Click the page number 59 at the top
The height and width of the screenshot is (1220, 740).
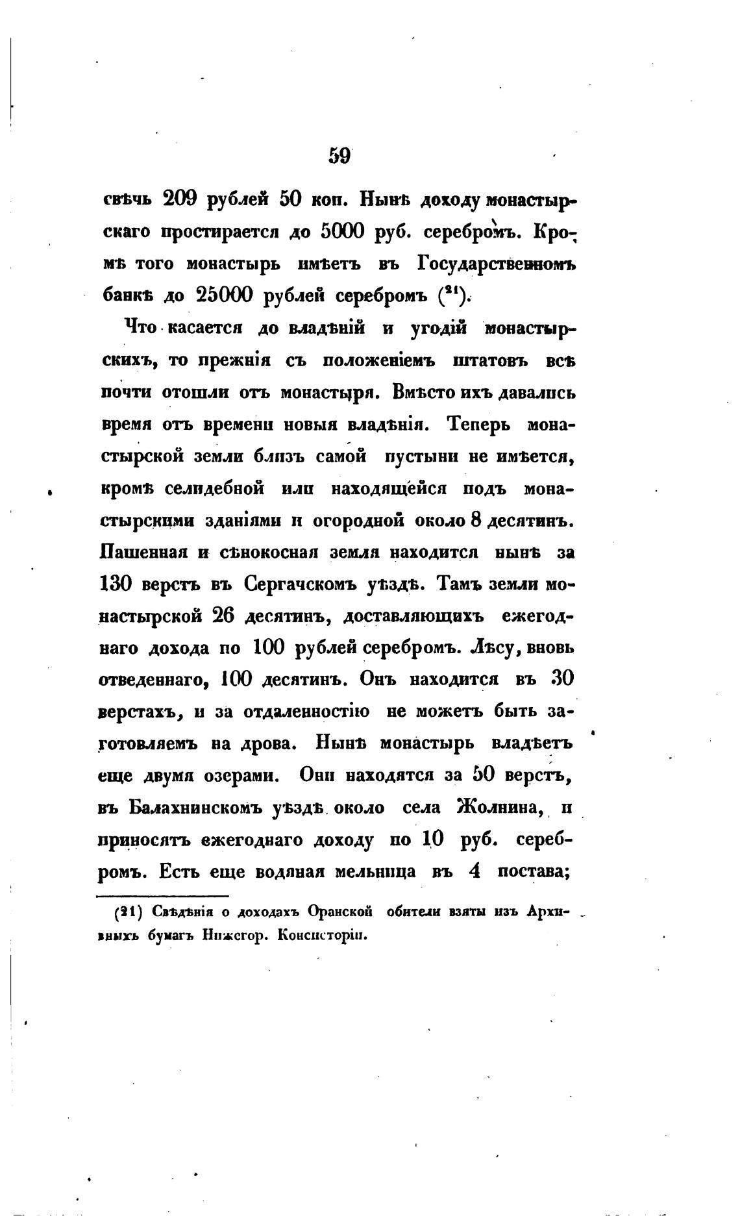click(x=339, y=156)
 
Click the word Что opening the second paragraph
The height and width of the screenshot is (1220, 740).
click(x=140, y=328)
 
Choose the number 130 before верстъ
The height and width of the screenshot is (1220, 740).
click(x=118, y=584)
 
